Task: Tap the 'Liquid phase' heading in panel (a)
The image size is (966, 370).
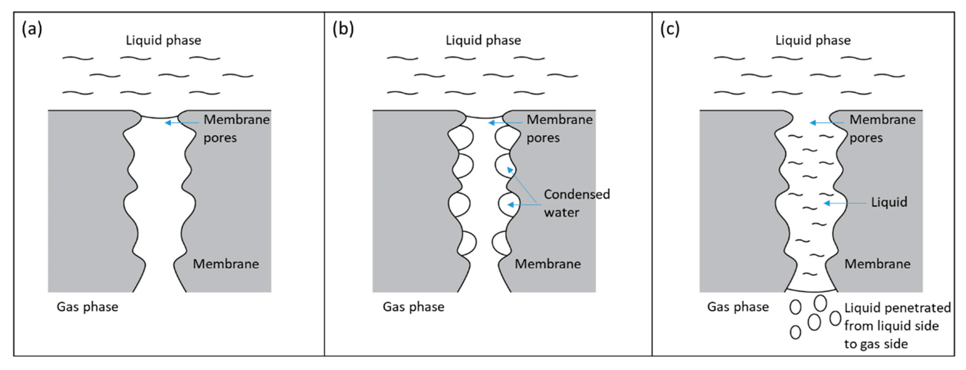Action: tap(163, 40)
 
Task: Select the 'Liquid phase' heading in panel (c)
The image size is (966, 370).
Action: tap(813, 40)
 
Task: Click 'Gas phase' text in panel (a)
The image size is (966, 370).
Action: tap(87, 307)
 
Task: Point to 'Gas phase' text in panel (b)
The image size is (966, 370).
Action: tap(413, 307)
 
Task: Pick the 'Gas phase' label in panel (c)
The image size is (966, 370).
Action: tap(738, 307)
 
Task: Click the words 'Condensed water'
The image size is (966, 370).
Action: tap(576, 203)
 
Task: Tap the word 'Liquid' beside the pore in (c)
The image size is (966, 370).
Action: tap(889, 202)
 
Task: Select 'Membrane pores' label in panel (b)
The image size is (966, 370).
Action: tap(559, 128)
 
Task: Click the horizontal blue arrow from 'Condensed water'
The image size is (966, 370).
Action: tap(524, 205)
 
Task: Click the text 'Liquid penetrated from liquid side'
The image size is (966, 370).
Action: tap(897, 317)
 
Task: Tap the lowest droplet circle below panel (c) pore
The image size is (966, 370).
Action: tap(795, 332)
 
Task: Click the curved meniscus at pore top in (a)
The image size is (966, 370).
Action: tap(160, 117)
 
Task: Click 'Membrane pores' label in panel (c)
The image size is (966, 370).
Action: tap(882, 128)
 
